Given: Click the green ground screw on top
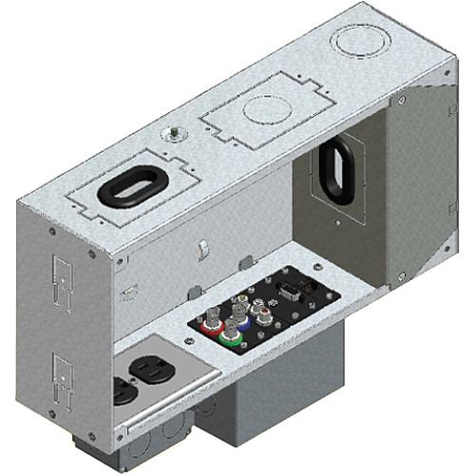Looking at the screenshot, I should (x=177, y=135).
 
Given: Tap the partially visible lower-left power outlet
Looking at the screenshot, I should (x=121, y=389).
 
